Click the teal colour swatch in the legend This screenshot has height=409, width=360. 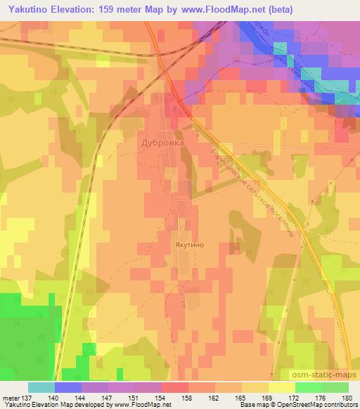coord(41,387)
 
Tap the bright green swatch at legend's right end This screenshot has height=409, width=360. coord(335,387)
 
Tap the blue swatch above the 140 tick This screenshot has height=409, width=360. coord(67,387)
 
